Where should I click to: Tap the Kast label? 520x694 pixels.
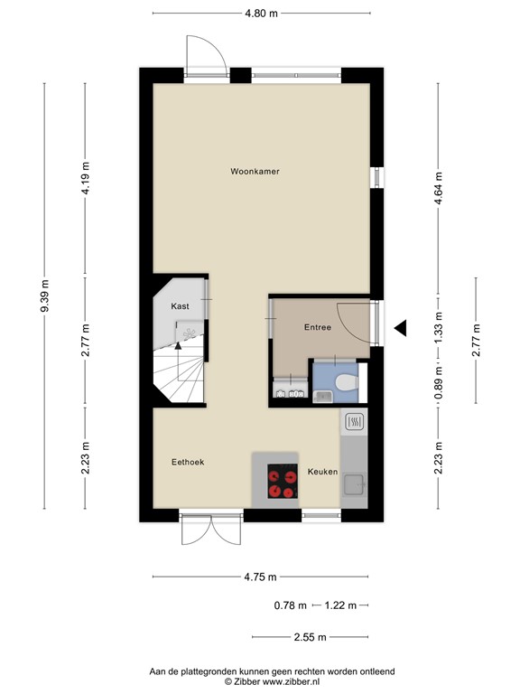pos(181,307)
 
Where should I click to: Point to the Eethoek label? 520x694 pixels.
pos(188,462)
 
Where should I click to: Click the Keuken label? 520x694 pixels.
pos(322,472)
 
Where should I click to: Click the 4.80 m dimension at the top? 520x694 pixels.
pos(261,13)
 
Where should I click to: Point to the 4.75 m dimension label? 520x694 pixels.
pos(260,577)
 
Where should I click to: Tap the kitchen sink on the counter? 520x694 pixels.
pos(352,484)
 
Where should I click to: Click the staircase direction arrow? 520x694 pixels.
pos(178,345)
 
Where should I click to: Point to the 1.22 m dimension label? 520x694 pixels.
pos(340,605)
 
